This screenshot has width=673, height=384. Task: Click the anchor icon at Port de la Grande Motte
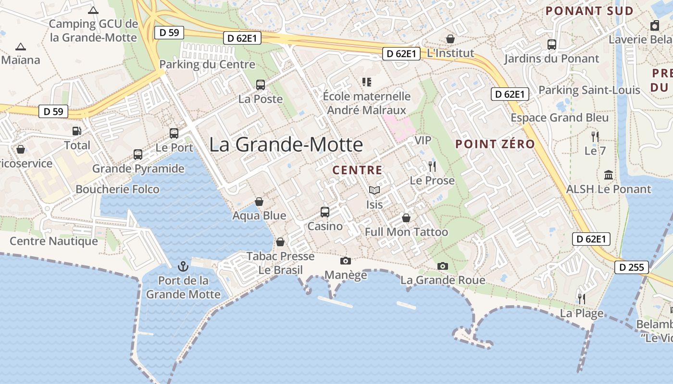(183, 266)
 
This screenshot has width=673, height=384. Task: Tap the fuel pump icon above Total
(77, 131)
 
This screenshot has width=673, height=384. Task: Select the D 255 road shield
(632, 267)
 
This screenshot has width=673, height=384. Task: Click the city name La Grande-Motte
(286, 144)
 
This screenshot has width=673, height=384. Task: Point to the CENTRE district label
(357, 170)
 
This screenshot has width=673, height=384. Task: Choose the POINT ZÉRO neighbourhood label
(495, 144)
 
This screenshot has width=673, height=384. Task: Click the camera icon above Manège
(345, 261)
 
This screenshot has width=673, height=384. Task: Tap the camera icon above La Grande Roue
(443, 266)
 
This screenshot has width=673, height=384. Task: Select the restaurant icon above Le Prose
(432, 167)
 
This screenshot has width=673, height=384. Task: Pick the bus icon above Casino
(325, 212)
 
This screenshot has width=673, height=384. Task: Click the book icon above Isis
(374, 191)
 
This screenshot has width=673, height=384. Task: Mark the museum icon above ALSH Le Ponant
(609, 175)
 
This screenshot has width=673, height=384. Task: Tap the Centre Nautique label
(54, 241)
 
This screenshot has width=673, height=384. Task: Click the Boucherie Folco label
(117, 189)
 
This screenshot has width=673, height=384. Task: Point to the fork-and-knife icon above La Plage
(582, 299)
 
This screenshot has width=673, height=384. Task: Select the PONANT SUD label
(589, 11)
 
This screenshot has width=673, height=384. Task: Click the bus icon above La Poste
(261, 85)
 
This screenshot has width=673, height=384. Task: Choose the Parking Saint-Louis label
(589, 90)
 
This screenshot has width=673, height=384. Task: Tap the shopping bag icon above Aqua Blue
(259, 202)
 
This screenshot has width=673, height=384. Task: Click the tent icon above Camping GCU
(93, 10)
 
